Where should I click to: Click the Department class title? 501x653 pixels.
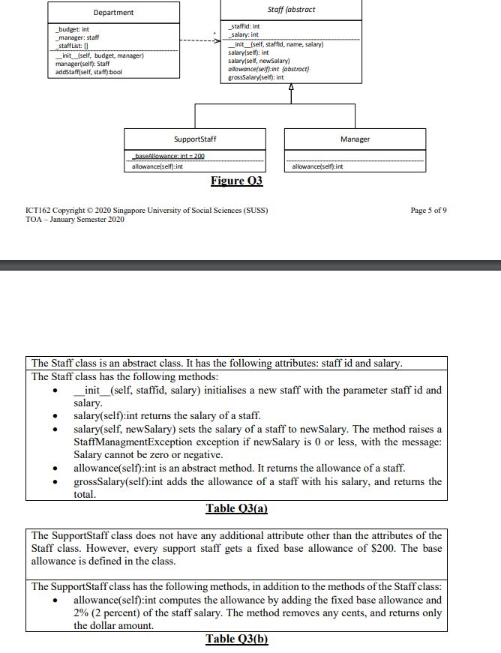pyautogui.click(x=113, y=13)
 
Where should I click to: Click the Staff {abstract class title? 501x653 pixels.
pyautogui.click(x=291, y=9)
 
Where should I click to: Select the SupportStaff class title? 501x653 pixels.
pyautogui.click(x=194, y=139)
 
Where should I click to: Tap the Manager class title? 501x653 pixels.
pyautogui.click(x=355, y=139)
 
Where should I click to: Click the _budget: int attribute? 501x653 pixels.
pyautogui.click(x=73, y=29)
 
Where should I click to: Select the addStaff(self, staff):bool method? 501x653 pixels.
pyautogui.click(x=88, y=72)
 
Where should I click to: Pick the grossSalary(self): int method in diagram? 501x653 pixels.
pyautogui.click(x=255, y=77)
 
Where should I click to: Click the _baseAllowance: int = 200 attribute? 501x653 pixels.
pyautogui.click(x=168, y=156)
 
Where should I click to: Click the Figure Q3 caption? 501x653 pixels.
pyautogui.click(x=236, y=181)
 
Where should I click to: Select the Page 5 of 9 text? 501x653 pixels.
pyautogui.click(x=429, y=210)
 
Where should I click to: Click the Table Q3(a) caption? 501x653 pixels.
pyautogui.click(x=236, y=508)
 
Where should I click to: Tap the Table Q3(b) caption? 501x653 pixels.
pyautogui.click(x=236, y=639)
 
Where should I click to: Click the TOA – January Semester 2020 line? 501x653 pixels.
pyautogui.click(x=75, y=219)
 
